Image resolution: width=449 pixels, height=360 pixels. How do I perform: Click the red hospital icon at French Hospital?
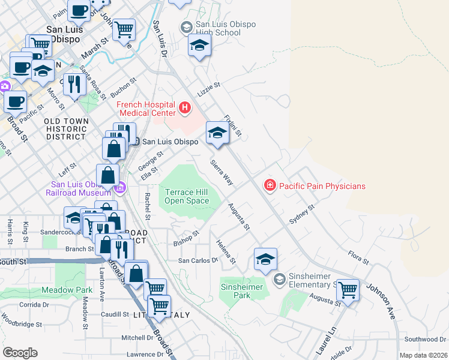coord(185,109)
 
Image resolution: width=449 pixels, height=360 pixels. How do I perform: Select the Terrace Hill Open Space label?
coord(187,196)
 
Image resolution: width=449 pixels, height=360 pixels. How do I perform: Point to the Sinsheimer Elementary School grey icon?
coord(279,279)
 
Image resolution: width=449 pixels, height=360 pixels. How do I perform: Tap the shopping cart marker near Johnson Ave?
coord(347,290)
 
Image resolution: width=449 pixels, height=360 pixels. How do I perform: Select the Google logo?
coord(20,353)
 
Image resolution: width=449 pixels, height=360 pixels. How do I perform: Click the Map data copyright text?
coord(423,355)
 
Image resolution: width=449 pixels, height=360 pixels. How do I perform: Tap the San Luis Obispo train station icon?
coord(136,142)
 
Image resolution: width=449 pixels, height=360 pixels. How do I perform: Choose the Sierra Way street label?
coord(221,173)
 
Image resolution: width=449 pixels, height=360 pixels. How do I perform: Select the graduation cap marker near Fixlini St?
coord(217,133)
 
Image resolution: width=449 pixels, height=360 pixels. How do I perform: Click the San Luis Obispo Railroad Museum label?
coord(78,188)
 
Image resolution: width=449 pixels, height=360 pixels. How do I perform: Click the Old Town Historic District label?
coord(66,129)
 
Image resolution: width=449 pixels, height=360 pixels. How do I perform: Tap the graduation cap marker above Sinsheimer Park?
coord(265,260)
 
